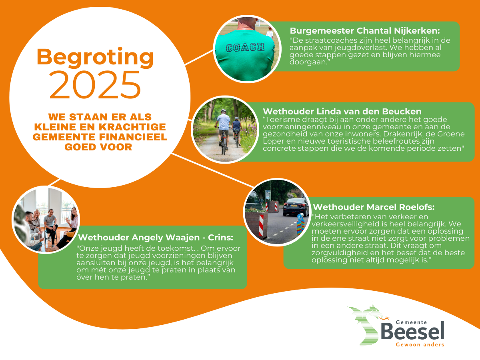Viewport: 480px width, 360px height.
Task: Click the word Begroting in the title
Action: (x=95, y=57)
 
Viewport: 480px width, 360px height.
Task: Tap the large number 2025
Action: (x=95, y=84)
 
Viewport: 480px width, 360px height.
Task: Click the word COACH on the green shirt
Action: (x=245, y=48)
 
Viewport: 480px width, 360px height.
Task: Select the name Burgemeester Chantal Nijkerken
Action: (x=365, y=31)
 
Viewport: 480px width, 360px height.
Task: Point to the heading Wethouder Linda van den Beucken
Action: (x=342, y=112)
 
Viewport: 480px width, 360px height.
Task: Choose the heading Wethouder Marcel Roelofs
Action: (x=374, y=207)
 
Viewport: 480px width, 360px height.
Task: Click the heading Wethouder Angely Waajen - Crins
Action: (x=156, y=237)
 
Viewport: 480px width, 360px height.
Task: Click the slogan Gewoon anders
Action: (x=420, y=345)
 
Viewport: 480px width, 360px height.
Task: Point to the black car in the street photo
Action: (x=296, y=207)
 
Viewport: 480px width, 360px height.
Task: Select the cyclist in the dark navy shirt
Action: (x=236, y=131)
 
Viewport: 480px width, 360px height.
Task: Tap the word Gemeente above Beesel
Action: (x=411, y=322)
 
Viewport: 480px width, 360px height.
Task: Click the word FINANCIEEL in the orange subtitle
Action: (x=133, y=137)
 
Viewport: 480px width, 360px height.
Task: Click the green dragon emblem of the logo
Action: (x=365, y=324)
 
